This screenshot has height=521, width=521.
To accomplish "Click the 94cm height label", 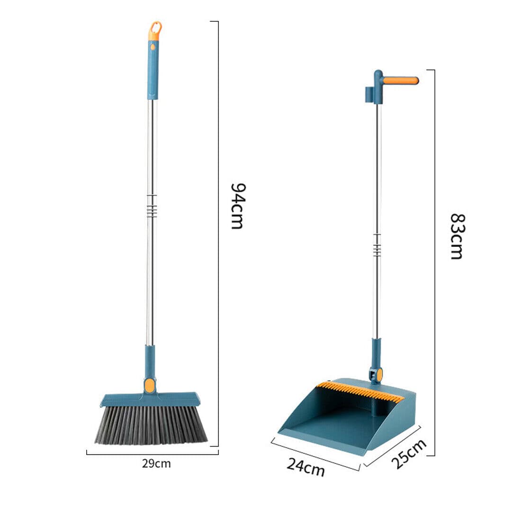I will point(237,206).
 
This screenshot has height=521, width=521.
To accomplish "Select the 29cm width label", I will point(156,464).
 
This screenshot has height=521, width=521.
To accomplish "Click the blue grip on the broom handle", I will point(153,71).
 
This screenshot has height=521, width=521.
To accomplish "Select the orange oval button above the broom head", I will point(150,385).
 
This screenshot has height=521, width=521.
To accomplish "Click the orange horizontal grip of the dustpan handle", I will point(400,81).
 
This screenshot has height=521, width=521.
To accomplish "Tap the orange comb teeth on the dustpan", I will point(360,391).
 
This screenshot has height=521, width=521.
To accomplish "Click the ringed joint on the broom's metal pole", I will point(151,206).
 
